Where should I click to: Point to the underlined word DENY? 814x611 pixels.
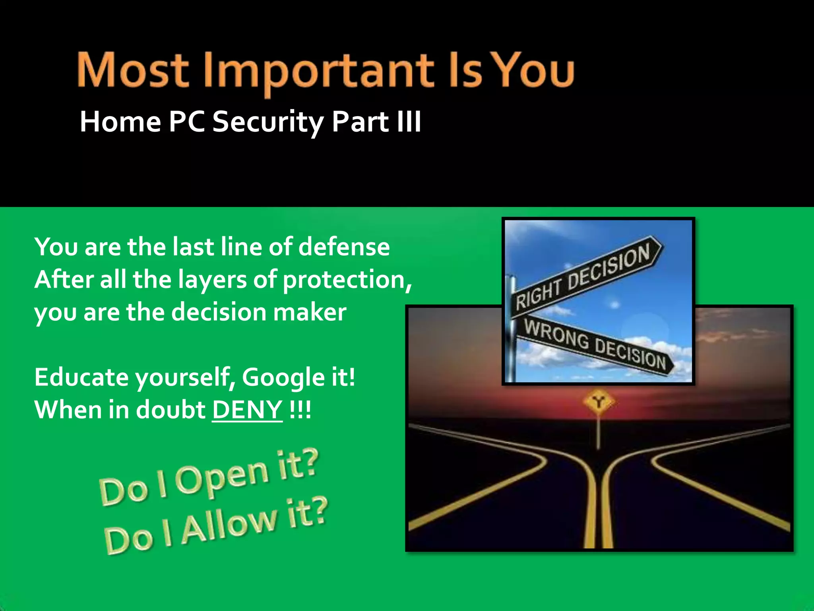[247, 409]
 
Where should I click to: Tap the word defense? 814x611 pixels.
[344, 247]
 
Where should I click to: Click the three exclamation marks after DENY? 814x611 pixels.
[300, 409]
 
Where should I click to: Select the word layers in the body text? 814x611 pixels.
[212, 280]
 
